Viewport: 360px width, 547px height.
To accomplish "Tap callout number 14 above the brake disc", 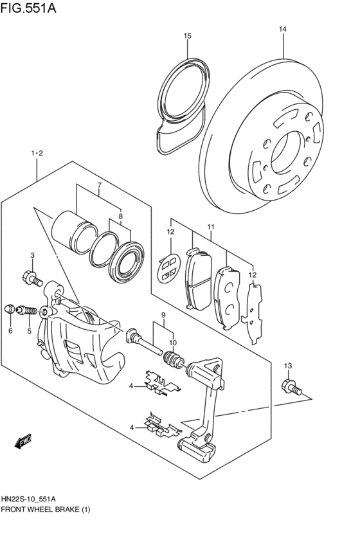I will [283, 29].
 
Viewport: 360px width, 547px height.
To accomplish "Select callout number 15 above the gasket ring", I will [187, 36].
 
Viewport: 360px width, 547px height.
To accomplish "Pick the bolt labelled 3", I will [31, 278].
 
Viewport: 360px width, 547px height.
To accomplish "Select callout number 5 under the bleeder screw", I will [28, 331].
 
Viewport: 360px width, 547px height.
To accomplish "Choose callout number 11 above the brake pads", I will [210, 227].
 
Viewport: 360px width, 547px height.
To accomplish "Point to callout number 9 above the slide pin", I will [164, 315].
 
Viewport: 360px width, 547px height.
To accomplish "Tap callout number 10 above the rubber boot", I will [172, 342].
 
